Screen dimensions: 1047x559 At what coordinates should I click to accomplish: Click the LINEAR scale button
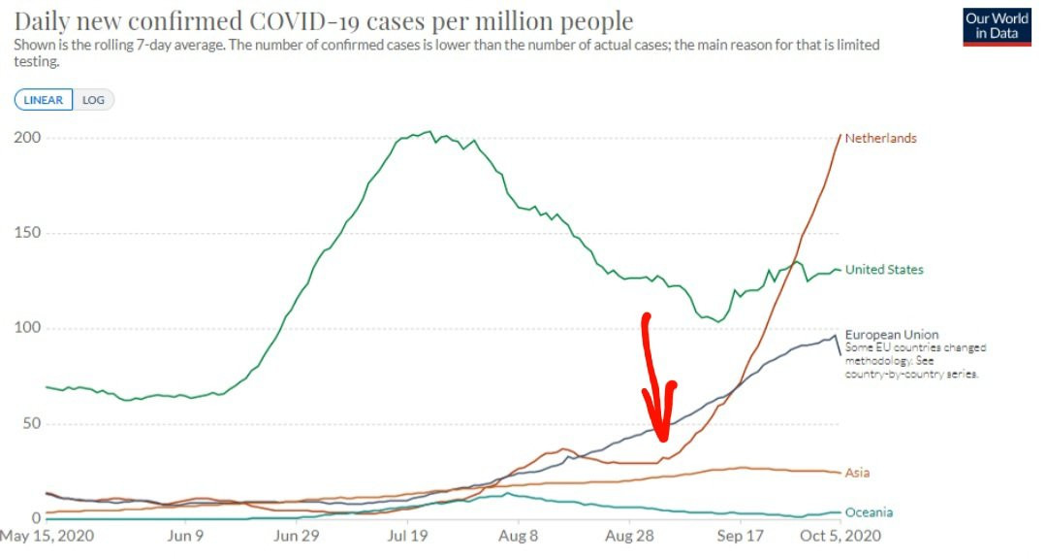44,100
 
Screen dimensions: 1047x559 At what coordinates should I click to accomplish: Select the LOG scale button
93,100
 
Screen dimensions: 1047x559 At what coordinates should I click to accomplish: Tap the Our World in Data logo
997,27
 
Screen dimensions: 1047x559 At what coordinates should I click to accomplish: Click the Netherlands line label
880,139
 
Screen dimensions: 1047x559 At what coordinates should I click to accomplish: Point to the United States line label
884,270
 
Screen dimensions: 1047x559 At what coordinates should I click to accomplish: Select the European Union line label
892,334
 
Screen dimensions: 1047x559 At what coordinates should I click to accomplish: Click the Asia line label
857,473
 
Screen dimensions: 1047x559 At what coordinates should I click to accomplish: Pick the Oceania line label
869,512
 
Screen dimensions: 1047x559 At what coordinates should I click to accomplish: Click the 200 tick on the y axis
27,138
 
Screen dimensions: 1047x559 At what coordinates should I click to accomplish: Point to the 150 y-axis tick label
27,233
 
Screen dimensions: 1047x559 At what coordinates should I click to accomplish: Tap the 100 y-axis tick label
27,328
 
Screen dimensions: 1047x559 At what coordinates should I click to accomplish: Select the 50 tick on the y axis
31,423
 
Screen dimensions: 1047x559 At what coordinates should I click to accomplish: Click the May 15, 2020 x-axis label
47,536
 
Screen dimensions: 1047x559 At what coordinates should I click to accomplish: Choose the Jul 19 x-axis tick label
407,536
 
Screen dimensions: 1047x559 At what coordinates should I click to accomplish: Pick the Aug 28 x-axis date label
629,536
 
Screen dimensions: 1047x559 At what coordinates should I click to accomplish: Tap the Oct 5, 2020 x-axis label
840,536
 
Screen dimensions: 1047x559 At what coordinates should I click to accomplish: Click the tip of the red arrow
662,440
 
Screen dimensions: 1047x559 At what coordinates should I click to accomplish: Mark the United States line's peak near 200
430,132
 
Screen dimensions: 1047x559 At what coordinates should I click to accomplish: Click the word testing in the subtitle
36,61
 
